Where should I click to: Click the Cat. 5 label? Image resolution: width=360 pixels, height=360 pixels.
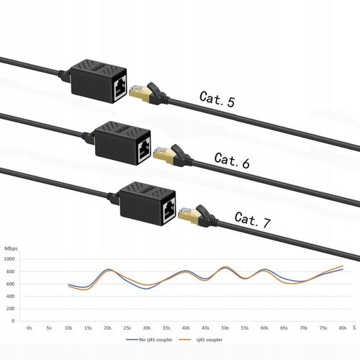coord(216,102)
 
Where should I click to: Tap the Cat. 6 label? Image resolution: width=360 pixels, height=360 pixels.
coord(232,161)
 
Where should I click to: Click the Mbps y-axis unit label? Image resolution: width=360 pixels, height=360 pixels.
coord(11,249)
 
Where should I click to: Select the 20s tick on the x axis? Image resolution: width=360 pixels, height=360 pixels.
coord(107,328)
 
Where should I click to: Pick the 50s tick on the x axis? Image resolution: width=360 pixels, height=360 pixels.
coord(225,328)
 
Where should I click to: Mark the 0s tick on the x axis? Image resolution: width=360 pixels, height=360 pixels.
coord(30,328)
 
